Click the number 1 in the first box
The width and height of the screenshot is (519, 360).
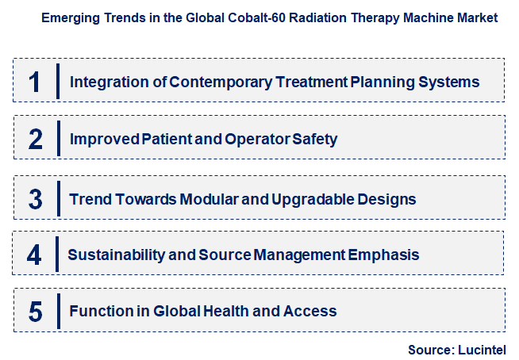34,81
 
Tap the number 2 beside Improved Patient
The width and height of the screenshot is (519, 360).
35,139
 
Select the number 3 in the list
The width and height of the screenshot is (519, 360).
35,197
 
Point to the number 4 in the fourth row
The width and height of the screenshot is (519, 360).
34,255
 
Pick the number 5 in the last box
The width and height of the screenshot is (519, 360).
35,312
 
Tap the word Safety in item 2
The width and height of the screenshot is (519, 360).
316,139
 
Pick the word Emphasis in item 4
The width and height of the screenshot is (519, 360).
385,255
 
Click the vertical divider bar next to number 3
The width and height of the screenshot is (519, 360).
58,197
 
